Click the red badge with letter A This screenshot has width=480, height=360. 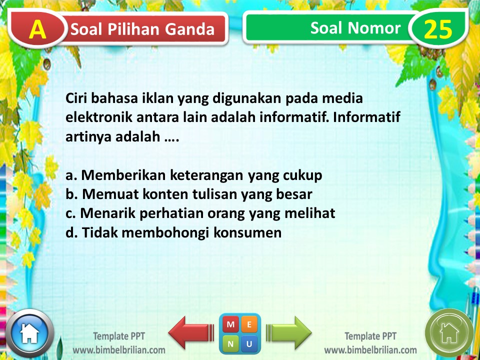(x=37, y=29)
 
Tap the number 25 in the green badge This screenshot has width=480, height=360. (x=438, y=29)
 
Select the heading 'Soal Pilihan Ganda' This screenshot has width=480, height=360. (x=142, y=29)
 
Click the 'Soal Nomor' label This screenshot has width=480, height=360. (x=355, y=28)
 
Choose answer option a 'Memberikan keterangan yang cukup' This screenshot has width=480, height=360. (x=194, y=175)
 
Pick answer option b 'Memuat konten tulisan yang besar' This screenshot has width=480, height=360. (x=189, y=194)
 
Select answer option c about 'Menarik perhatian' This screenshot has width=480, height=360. (x=200, y=213)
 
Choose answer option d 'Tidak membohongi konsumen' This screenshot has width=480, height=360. (x=173, y=232)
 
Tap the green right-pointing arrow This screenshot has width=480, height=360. (x=289, y=332)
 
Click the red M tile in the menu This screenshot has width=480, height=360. (x=230, y=324)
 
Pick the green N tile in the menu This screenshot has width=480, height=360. (x=230, y=343)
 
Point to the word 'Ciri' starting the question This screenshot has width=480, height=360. (x=78, y=99)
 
